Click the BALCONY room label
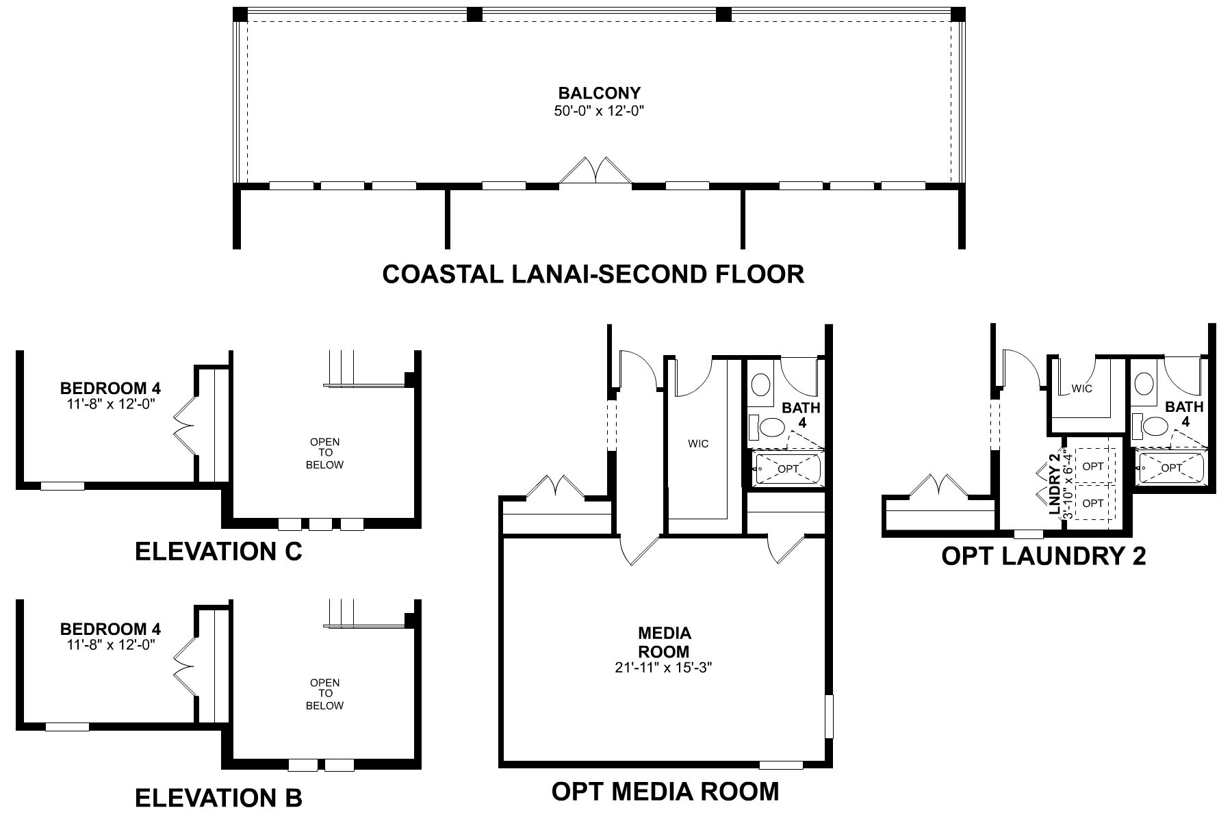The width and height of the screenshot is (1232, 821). [x=599, y=93]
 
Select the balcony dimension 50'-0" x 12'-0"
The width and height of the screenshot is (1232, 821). [x=599, y=111]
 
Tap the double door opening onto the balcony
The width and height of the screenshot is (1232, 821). [x=595, y=171]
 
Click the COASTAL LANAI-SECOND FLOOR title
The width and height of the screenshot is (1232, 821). [x=593, y=274]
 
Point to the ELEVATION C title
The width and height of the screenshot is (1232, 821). [x=218, y=551]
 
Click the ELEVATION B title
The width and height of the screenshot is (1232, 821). [x=218, y=798]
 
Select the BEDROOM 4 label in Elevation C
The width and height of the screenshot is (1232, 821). [x=110, y=389]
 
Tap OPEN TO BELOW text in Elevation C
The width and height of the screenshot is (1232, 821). [x=325, y=454]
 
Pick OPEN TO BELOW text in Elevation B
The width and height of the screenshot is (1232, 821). [x=325, y=694]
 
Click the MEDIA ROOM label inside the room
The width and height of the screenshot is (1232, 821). [x=664, y=642]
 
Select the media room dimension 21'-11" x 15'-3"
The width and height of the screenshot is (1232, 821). [x=664, y=668]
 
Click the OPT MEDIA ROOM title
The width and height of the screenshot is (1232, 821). [x=665, y=791]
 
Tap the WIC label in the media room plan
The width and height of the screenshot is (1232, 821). [x=698, y=444]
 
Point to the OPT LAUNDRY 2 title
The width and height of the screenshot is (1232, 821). [x=1043, y=556]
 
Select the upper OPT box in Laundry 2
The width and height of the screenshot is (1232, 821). [x=1093, y=466]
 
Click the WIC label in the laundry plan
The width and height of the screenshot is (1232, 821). [x=1081, y=389]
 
